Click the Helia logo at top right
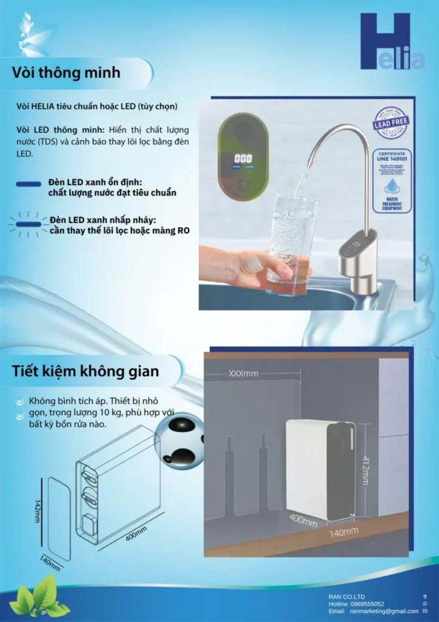click(392, 43)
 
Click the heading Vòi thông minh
click(66, 73)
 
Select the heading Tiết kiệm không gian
click(85, 371)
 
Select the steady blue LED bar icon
click(29, 184)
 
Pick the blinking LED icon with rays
click(28, 224)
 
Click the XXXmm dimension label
click(243, 374)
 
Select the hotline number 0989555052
click(366, 604)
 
